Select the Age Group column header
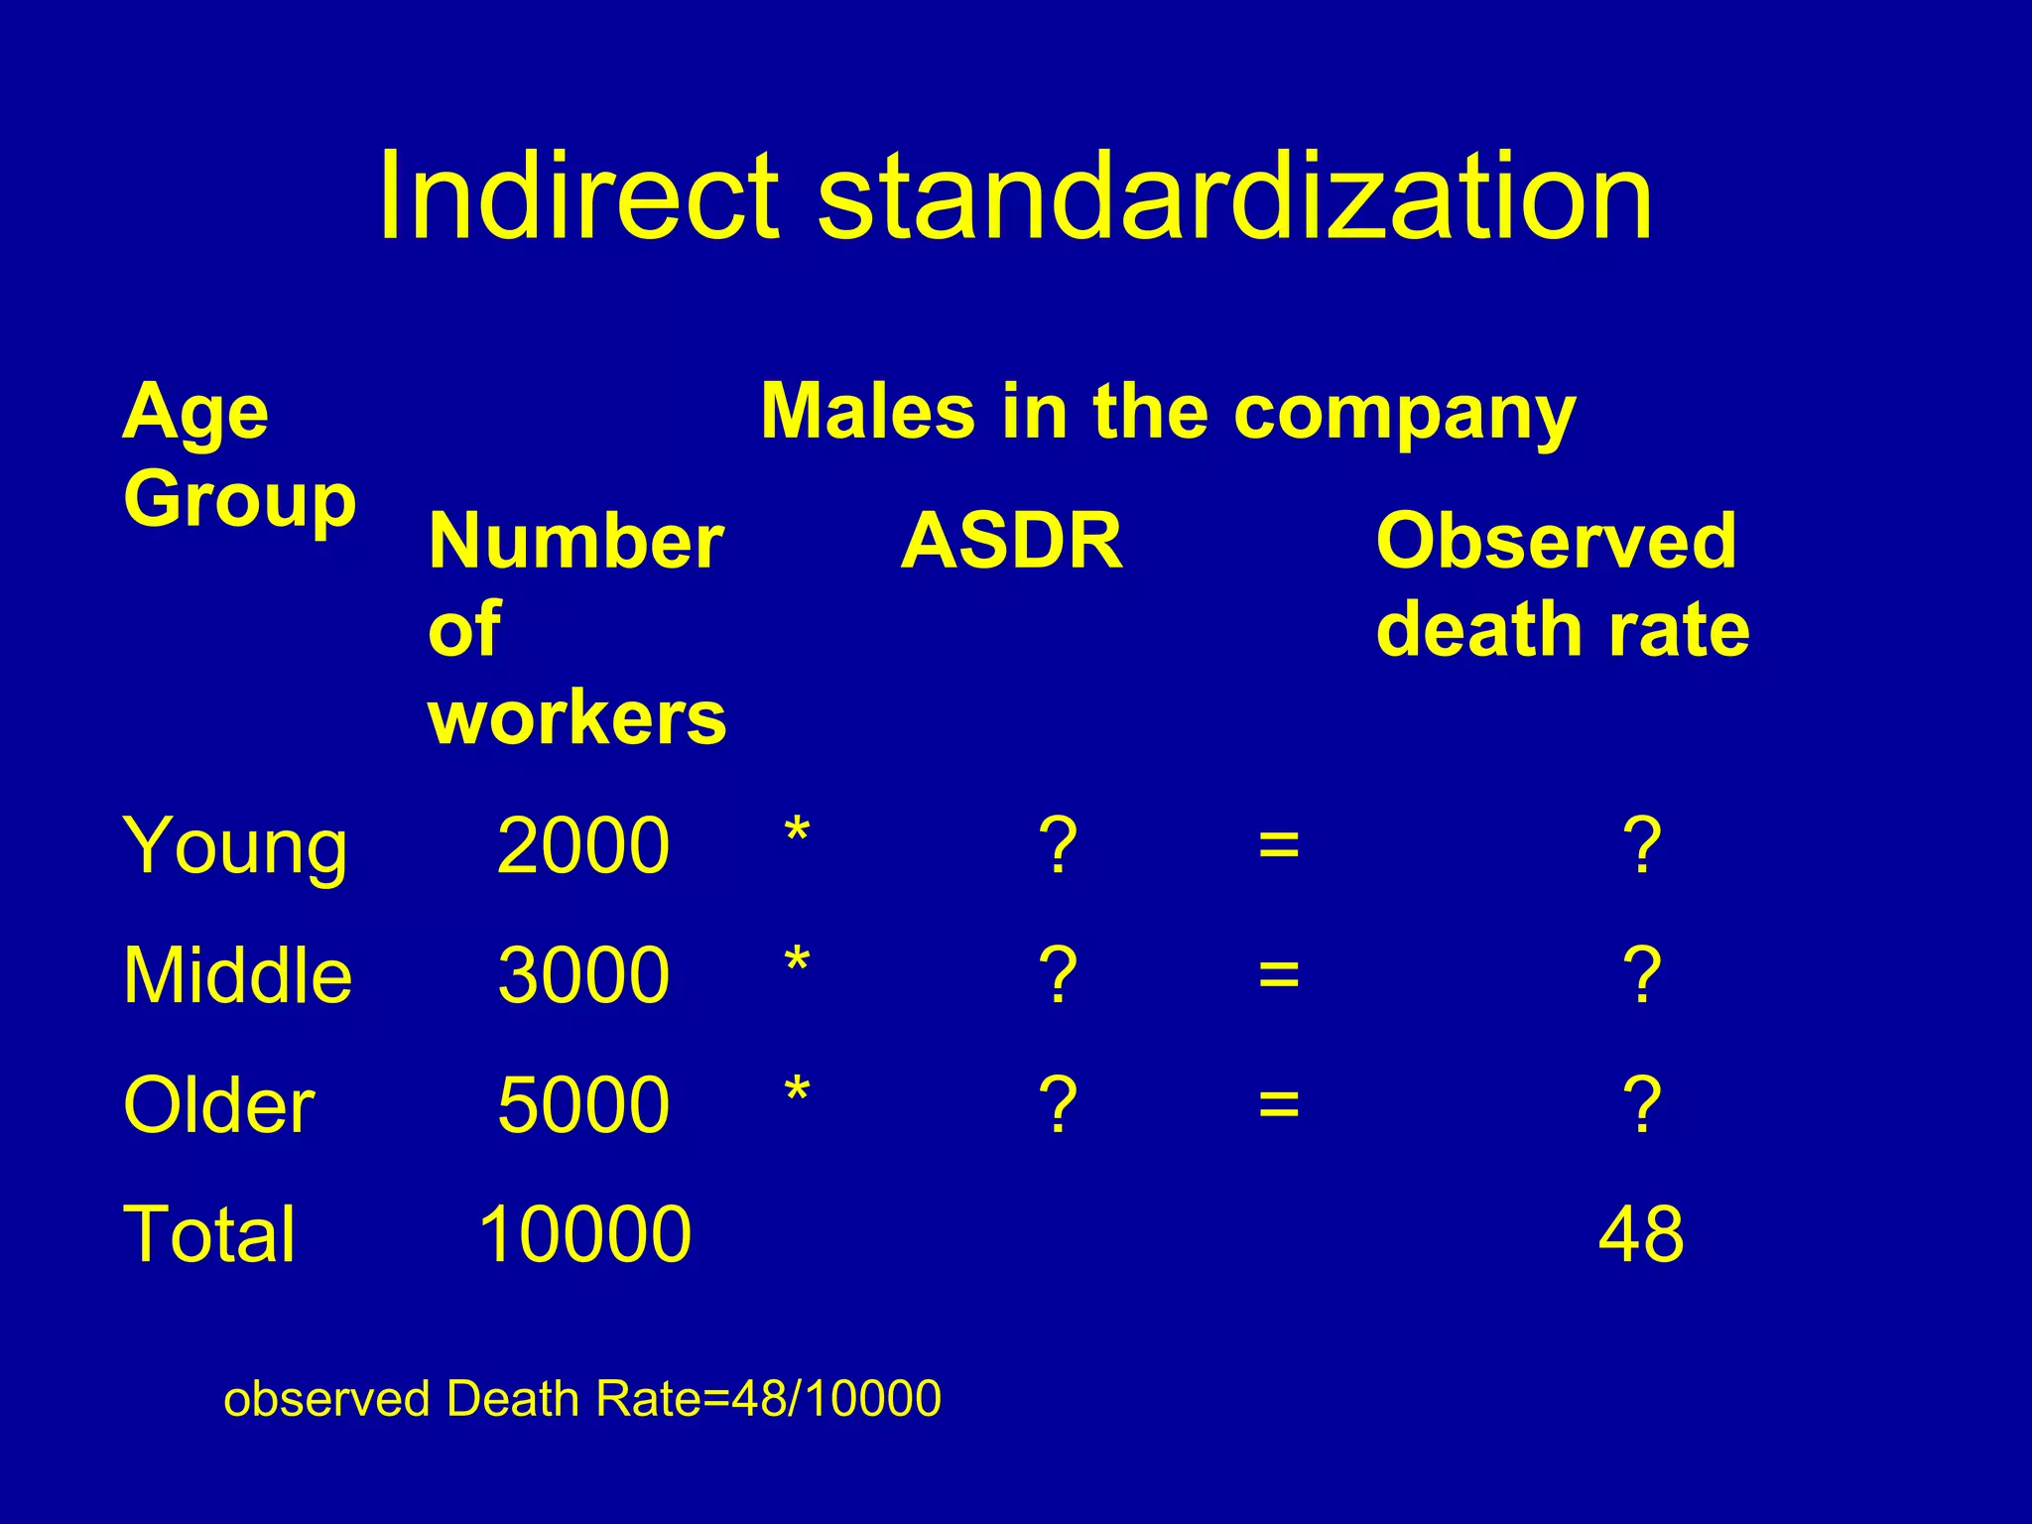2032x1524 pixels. pyautogui.click(x=238, y=455)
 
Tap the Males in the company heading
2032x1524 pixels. pyautogui.click(x=1168, y=412)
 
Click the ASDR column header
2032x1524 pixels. pyautogui.click(x=1011, y=542)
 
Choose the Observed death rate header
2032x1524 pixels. pyautogui.click(x=1562, y=585)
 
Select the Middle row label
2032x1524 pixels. pyautogui.click(x=237, y=975)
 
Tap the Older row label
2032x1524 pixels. pyautogui.click(x=218, y=1105)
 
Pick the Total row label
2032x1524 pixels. pyautogui.click(x=209, y=1234)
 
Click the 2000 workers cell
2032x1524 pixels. pyautogui.click(x=583, y=846)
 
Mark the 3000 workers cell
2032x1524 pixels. pyautogui.click(x=583, y=975)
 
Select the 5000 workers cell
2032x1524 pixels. pyautogui.click(x=583, y=1105)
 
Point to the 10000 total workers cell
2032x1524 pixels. pyautogui.click(x=584, y=1234)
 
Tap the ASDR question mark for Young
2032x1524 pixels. pyautogui.click(x=1058, y=846)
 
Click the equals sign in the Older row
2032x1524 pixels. pyautogui.click(x=1278, y=1103)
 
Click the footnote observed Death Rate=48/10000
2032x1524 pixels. pyautogui.click(x=582, y=1399)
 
